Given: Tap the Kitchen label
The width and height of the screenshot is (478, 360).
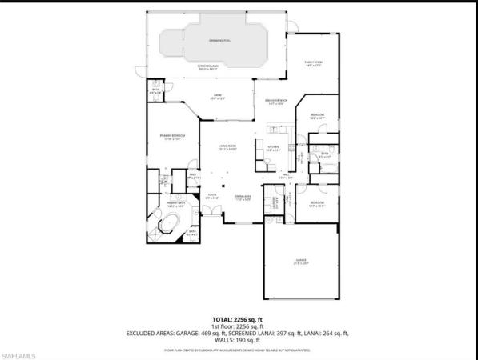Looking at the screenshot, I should click(273, 148).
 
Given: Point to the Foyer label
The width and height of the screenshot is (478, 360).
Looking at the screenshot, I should click(213, 196).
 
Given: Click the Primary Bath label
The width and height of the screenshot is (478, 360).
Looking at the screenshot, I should click(175, 206).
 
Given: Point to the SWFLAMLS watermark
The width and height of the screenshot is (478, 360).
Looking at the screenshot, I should click(22, 352).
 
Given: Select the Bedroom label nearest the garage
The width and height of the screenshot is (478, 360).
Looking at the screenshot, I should click(317, 203).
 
